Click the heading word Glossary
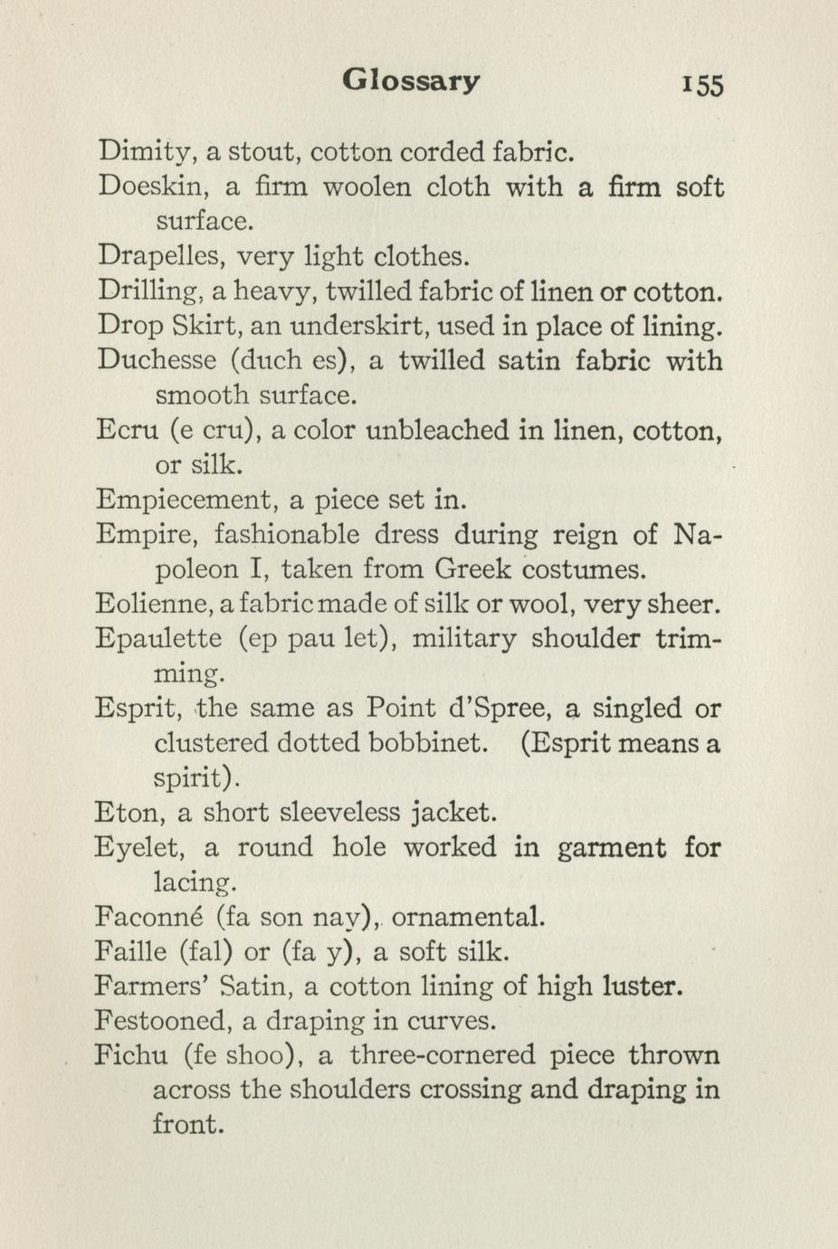click(x=411, y=81)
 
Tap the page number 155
click(x=703, y=84)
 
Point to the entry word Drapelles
click(x=160, y=256)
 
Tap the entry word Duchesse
click(x=157, y=360)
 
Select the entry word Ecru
click(x=128, y=430)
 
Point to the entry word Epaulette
click(x=158, y=638)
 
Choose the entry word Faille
click(x=132, y=951)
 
